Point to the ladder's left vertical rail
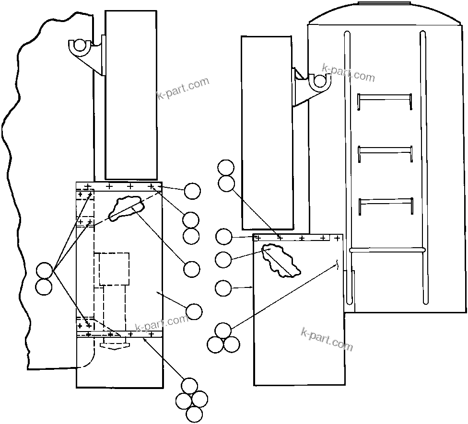[348, 168]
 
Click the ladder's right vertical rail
[423, 168]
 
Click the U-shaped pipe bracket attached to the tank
[318, 83]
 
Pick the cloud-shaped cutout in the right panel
[281, 261]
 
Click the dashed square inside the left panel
[114, 268]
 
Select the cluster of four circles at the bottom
[191, 400]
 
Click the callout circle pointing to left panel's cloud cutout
[192, 269]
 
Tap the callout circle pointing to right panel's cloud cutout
[223, 260]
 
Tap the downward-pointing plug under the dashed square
[113, 345]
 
